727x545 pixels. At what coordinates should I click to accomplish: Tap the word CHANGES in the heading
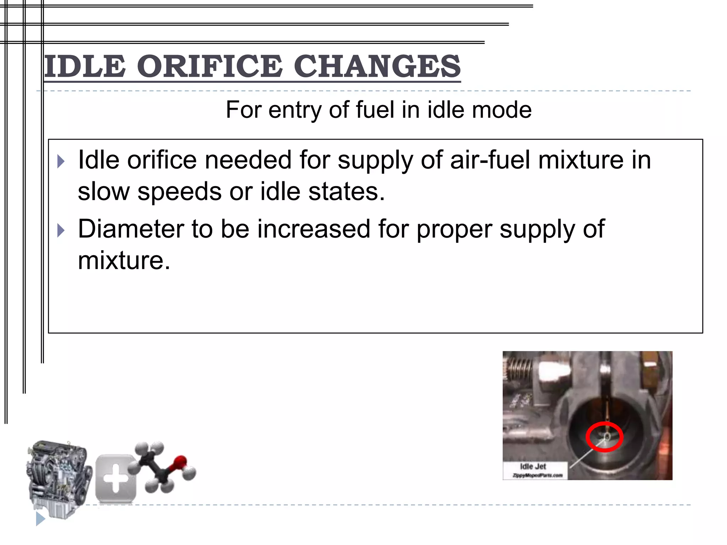coord(377,66)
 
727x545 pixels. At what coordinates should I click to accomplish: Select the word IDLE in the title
coord(85,66)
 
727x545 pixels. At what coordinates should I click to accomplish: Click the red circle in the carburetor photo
coord(604,437)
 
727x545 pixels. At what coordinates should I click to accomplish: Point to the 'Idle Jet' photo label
coord(533,467)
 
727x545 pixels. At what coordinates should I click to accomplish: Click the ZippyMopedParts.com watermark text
coord(537,475)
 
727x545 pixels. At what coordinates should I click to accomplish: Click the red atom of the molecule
coord(180,462)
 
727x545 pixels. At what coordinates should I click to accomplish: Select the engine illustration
coord(59,475)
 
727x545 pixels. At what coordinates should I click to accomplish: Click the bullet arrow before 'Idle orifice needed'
coord(61,161)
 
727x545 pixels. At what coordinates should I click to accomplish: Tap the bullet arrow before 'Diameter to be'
coord(61,231)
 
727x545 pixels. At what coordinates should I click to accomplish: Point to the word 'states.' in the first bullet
coord(346,192)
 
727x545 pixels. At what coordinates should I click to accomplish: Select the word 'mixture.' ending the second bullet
coord(124,261)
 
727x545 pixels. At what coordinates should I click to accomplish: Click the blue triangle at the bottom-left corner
coord(40,519)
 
